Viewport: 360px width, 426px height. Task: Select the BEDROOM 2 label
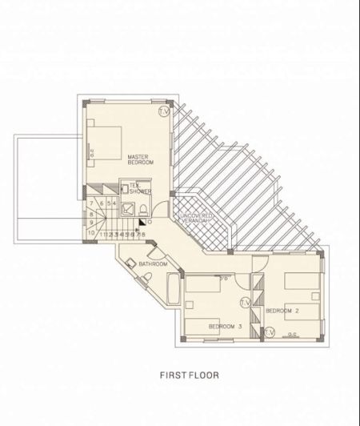(282, 310)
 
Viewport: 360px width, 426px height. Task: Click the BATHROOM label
(152, 263)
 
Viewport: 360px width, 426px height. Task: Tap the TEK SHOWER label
(140, 189)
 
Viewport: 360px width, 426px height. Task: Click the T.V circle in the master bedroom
(165, 111)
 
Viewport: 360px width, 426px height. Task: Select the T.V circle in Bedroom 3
(245, 302)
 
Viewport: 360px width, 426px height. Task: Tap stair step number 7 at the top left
(92, 204)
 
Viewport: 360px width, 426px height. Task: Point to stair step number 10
(92, 233)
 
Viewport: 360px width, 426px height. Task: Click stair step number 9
(92, 223)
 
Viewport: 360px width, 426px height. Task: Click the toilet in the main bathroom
(147, 277)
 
